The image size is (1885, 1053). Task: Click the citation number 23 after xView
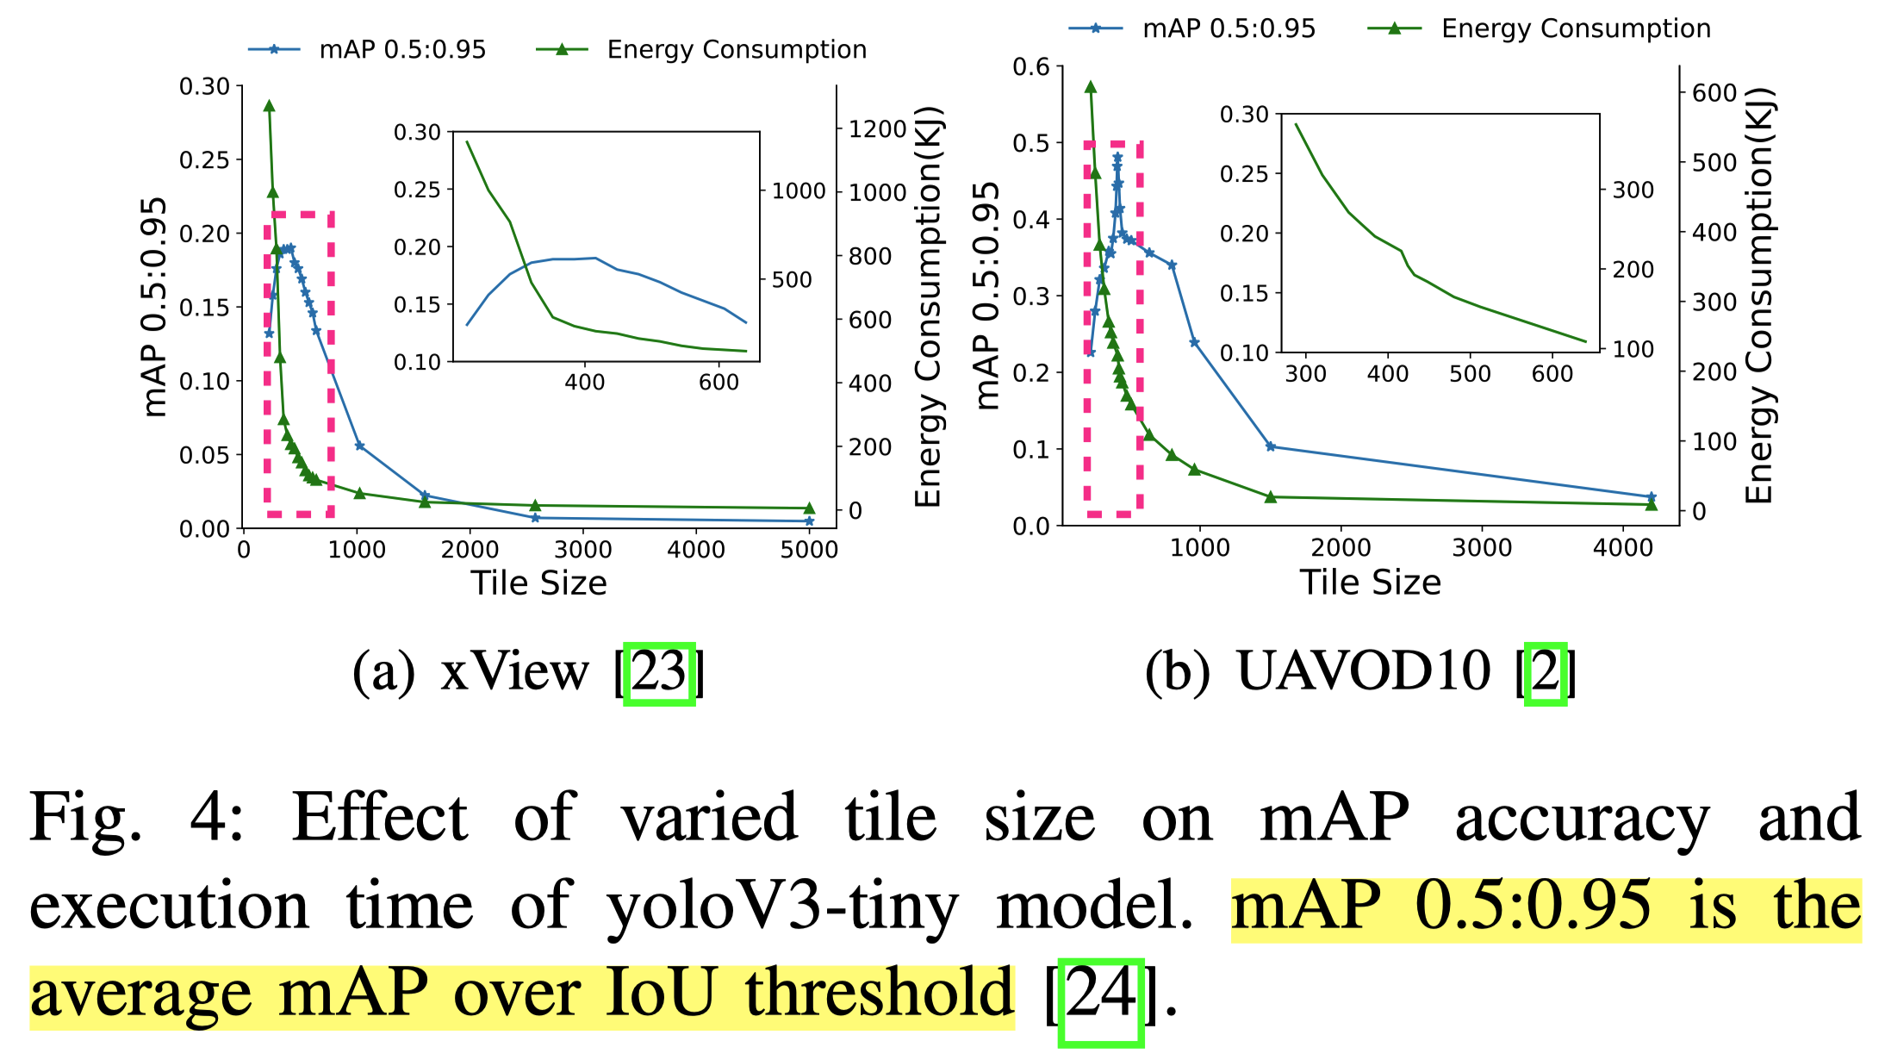pyautogui.click(x=659, y=673)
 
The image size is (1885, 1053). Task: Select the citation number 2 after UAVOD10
pyautogui.click(x=1545, y=673)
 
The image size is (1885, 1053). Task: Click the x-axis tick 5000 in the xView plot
pyautogui.click(x=808, y=550)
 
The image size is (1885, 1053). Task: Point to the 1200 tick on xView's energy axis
pyautogui.click(x=877, y=129)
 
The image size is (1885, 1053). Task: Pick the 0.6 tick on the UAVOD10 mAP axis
pyautogui.click(x=1031, y=67)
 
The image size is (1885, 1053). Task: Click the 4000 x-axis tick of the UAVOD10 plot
pyautogui.click(x=1622, y=548)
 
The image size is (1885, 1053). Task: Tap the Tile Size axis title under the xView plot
pyautogui.click(x=538, y=583)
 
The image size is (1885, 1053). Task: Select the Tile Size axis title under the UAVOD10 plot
pyautogui.click(x=1370, y=583)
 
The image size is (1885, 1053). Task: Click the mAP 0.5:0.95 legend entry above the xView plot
pyautogui.click(x=402, y=50)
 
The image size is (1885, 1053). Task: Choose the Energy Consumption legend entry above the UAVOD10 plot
pyautogui.click(x=1576, y=28)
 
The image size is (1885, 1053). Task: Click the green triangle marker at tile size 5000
pyautogui.click(x=809, y=508)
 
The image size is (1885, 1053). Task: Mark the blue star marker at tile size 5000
pyautogui.click(x=809, y=521)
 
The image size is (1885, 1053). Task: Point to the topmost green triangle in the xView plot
pyautogui.click(x=269, y=106)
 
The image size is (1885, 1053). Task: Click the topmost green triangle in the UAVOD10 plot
pyautogui.click(x=1091, y=87)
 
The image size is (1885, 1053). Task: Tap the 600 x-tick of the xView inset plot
pyautogui.click(x=719, y=383)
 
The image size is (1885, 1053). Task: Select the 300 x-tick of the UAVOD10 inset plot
pyautogui.click(x=1305, y=374)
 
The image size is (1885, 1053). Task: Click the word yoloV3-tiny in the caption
pyautogui.click(x=781, y=907)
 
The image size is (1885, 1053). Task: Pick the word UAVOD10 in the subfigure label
pyautogui.click(x=1363, y=671)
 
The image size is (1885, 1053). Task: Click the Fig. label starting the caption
pyautogui.click(x=84, y=818)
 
